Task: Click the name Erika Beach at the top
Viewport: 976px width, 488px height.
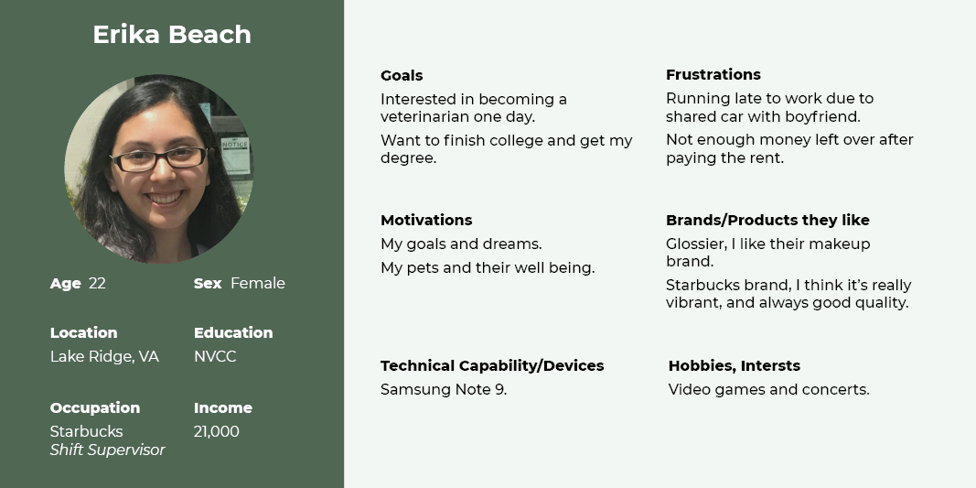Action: point(172,34)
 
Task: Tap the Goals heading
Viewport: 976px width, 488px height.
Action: point(402,75)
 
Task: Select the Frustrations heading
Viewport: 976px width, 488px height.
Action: point(713,74)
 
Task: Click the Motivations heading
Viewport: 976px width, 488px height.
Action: point(426,220)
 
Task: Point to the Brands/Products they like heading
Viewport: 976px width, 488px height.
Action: point(767,220)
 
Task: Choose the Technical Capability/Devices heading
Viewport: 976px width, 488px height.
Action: point(492,366)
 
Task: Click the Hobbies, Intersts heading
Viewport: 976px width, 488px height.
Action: point(735,366)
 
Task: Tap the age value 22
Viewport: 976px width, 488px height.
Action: point(97,284)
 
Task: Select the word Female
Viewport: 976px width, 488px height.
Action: point(258,284)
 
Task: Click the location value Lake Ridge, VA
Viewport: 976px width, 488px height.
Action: point(104,357)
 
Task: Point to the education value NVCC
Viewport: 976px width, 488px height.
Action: point(215,357)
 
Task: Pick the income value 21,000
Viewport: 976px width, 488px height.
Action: point(217,432)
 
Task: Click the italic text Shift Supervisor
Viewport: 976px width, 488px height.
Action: point(108,450)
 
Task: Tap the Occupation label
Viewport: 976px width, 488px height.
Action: point(95,408)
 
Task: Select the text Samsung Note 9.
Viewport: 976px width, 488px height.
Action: point(444,390)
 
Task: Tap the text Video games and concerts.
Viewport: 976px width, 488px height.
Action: point(768,390)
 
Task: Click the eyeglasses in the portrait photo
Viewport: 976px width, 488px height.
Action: point(159,158)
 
